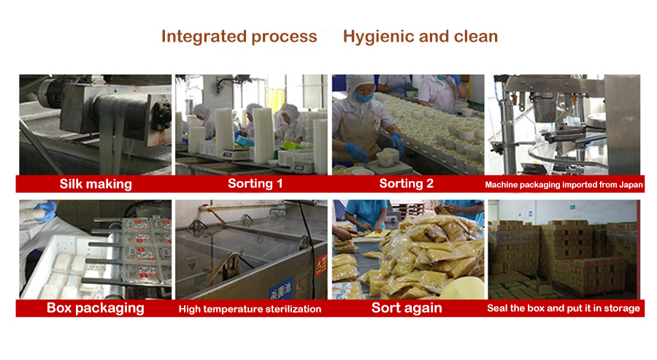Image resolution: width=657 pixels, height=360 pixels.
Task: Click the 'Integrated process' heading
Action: (239, 37)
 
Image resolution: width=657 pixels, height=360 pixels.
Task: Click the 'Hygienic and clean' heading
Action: (420, 37)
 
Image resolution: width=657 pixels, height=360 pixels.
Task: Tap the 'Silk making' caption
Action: (96, 184)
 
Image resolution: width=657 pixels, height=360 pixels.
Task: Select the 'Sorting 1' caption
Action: (255, 183)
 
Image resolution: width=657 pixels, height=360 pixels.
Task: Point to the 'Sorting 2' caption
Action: (406, 183)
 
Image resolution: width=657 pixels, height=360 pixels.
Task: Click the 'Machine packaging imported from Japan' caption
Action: (564, 185)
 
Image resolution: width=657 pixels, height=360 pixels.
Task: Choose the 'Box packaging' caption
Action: (96, 308)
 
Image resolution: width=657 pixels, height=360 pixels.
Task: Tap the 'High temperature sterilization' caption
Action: (250, 310)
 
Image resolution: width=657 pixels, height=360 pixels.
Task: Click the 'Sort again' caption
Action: (407, 308)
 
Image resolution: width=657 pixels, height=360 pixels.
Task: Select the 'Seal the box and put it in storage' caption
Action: (564, 308)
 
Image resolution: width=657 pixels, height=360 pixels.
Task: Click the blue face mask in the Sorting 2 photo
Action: (362, 97)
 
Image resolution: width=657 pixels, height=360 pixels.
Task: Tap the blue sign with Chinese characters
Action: (281, 290)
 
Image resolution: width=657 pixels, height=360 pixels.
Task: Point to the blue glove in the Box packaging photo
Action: (46, 210)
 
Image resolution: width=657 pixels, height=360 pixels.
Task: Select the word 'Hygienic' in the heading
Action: (379, 37)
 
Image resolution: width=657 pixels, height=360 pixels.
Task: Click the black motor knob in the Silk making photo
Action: (161, 115)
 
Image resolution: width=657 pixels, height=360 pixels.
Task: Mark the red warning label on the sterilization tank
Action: (321, 264)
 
